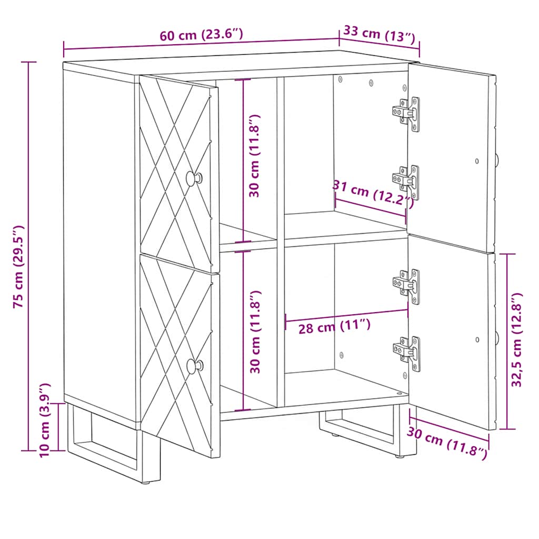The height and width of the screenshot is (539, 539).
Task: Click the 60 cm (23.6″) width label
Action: tap(202, 35)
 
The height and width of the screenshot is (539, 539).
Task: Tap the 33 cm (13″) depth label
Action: tap(380, 34)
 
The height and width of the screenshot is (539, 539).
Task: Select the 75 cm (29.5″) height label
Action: tap(18, 267)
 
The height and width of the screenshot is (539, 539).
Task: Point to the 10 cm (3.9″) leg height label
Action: tap(45, 420)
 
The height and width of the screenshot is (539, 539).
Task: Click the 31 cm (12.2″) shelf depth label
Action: tap(373, 194)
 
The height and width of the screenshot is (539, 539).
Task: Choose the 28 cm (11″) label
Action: tap(334, 326)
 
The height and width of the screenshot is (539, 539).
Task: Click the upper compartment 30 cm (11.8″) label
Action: tap(255, 156)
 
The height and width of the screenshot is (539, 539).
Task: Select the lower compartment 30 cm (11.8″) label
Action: tap(255, 332)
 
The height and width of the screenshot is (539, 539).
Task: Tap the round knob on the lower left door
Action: tap(195, 366)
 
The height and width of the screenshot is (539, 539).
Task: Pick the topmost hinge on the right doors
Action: tap(407, 114)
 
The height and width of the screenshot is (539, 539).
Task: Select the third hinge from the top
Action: tap(407, 286)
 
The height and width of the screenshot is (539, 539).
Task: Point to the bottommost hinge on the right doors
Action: tap(407, 354)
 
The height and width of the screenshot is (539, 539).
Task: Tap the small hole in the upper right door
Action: tap(477, 161)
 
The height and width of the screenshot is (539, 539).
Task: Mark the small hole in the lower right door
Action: tap(477, 340)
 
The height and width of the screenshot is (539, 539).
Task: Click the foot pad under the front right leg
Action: tap(400, 456)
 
